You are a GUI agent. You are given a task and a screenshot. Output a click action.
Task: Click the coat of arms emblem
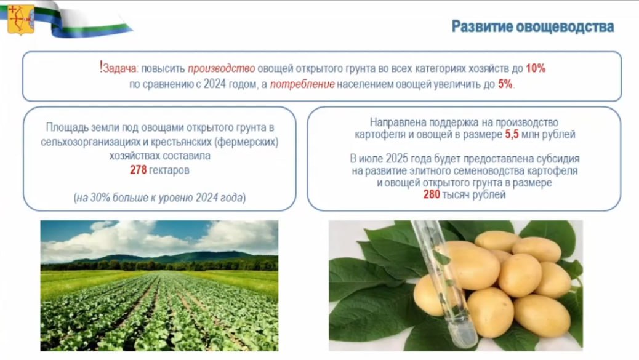(21, 19)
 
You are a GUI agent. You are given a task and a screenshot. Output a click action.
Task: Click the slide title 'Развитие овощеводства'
(532, 26)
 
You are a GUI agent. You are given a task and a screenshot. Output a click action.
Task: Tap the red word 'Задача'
(120, 68)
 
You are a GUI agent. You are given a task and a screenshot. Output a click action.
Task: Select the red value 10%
(536, 68)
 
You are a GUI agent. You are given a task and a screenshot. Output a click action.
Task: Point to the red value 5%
(505, 84)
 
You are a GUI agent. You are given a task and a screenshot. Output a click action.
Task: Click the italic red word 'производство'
(221, 68)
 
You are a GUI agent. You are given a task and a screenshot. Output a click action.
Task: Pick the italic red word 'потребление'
(302, 84)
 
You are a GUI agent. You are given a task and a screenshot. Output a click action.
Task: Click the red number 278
(138, 170)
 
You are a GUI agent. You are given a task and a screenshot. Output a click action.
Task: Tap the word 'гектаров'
(169, 170)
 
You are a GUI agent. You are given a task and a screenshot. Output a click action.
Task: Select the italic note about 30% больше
(160, 198)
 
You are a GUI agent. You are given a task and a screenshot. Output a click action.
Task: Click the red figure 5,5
(512, 134)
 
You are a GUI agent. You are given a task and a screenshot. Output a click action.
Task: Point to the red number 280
(432, 194)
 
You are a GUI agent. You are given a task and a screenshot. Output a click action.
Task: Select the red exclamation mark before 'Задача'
(101, 67)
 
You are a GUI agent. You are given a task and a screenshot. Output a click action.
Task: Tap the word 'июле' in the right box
(371, 158)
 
